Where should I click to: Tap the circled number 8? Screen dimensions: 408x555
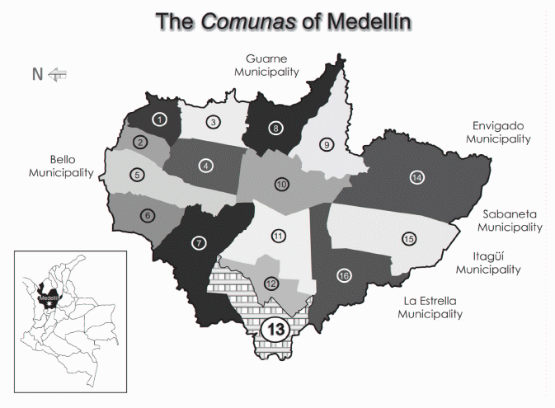[275, 128]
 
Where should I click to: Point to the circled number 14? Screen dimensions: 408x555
[417, 177]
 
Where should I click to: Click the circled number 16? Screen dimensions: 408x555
[344, 275]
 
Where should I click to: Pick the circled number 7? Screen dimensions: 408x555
[197, 243]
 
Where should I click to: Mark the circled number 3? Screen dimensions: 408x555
[213, 123]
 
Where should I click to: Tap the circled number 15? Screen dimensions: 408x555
[408, 239]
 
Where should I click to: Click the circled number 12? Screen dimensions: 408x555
[271, 283]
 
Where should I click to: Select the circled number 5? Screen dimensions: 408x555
[137, 175]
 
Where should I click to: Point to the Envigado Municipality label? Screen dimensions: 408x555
[497, 133]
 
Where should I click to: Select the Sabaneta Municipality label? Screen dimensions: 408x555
[510, 220]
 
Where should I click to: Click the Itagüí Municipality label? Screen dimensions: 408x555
[488, 262]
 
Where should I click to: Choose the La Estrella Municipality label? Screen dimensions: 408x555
[430, 307]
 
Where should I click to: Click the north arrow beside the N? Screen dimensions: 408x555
[58, 74]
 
